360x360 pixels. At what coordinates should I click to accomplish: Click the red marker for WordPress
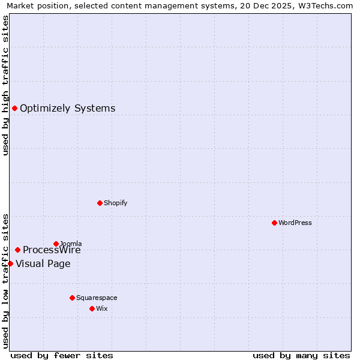(x=274, y=223)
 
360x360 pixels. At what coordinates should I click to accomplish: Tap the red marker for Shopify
(x=100, y=203)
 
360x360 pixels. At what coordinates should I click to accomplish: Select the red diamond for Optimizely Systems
(x=14, y=108)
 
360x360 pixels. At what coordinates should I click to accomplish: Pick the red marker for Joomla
(x=56, y=244)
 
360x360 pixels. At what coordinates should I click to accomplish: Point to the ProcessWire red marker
(x=17, y=250)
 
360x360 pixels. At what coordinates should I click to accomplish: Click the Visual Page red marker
(x=10, y=263)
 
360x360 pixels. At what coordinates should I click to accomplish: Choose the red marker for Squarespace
(x=72, y=298)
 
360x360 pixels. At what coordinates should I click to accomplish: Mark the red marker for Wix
(x=92, y=308)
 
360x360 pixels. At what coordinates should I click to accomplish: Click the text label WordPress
(x=295, y=223)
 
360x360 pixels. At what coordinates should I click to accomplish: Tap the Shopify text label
(x=116, y=203)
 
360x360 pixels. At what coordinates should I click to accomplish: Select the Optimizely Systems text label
(x=68, y=109)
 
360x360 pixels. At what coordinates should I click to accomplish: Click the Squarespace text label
(x=97, y=298)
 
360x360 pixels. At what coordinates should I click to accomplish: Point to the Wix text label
(x=102, y=308)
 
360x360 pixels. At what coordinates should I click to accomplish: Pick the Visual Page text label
(x=43, y=264)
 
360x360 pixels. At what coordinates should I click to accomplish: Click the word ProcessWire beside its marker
(x=52, y=250)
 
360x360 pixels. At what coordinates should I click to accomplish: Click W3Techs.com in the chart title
(x=328, y=5)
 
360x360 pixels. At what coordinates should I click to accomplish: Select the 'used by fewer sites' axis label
(x=62, y=355)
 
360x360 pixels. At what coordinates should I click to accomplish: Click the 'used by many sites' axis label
(x=301, y=355)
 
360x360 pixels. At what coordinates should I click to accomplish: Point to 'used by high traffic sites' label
(x=5, y=85)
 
